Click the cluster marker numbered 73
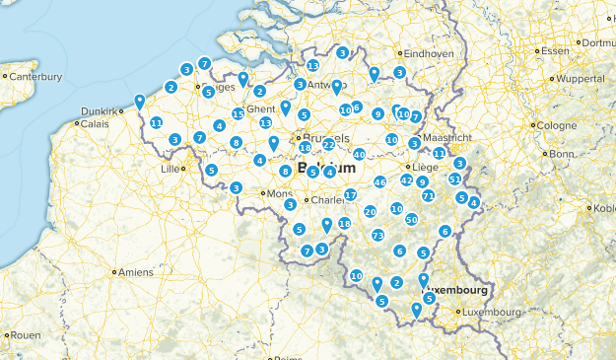pos(377,236)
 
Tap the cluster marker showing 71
pos(428,196)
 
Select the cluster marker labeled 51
pos(454,179)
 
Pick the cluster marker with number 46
pos(380,182)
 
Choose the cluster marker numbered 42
pos(406,180)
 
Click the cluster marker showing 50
pos(411,219)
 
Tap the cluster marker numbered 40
pos(360,154)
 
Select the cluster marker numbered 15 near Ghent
pos(238,114)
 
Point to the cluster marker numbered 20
pos(371,211)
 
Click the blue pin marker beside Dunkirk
pos(140,100)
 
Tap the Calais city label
pos(95,124)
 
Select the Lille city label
pos(172,168)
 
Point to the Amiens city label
pos(136,272)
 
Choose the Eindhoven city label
pos(429,53)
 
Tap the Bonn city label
pos(561,154)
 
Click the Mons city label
pos(279,193)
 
